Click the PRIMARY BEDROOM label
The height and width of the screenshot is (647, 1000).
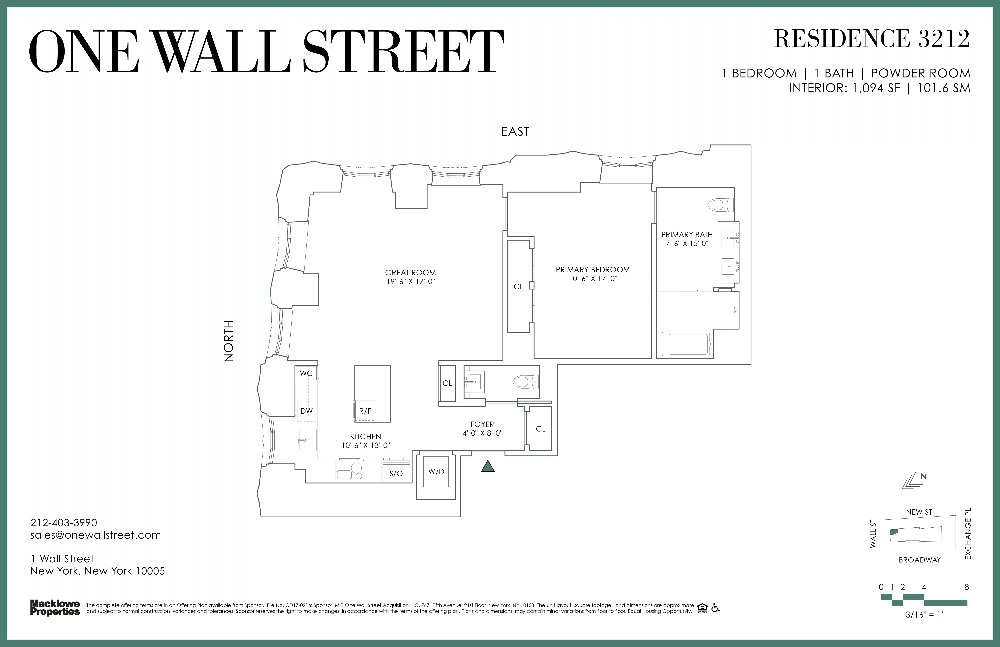(x=592, y=270)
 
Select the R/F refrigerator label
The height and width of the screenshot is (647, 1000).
(x=365, y=411)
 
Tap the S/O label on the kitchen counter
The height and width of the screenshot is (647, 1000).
(x=396, y=473)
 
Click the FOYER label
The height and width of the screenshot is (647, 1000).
(x=482, y=424)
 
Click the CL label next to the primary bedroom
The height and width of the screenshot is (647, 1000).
(x=518, y=286)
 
